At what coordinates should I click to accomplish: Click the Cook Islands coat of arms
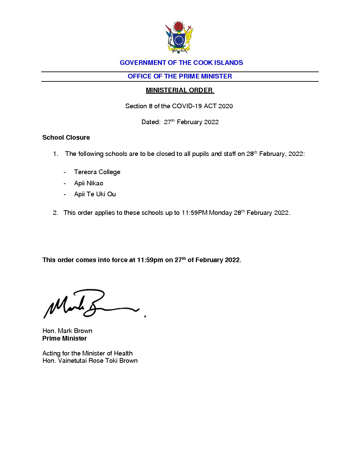pos(179,37)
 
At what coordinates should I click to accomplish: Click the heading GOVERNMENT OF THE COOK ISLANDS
pos(181,63)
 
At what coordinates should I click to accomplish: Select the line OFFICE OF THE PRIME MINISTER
pos(180,76)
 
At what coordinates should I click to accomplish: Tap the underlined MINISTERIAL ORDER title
pos(179,90)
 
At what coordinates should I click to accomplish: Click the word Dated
pos(151,122)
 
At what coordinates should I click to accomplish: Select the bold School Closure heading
pos(66,137)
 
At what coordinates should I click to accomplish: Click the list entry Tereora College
pos(97,172)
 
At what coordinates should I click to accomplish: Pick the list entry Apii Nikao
pos(88,183)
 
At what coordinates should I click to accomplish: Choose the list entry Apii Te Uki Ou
pos(95,194)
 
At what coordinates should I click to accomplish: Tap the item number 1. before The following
pos(56,154)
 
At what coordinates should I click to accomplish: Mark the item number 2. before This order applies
pos(56,213)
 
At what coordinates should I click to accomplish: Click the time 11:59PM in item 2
pos(194,213)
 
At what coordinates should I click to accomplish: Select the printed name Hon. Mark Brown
pos(67,331)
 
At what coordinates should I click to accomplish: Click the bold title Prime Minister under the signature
pos(65,338)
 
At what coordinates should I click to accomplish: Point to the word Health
pos(123,353)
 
